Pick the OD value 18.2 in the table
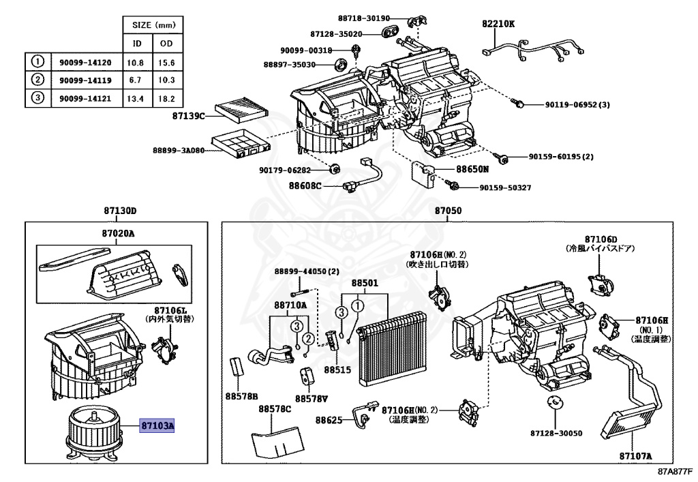tap(167, 98)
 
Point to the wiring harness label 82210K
tap(498, 24)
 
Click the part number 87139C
tap(188, 117)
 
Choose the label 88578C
tap(274, 408)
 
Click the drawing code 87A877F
tap(676, 471)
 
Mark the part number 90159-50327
tap(504, 187)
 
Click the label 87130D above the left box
tap(120, 211)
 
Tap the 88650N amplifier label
tap(473, 168)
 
